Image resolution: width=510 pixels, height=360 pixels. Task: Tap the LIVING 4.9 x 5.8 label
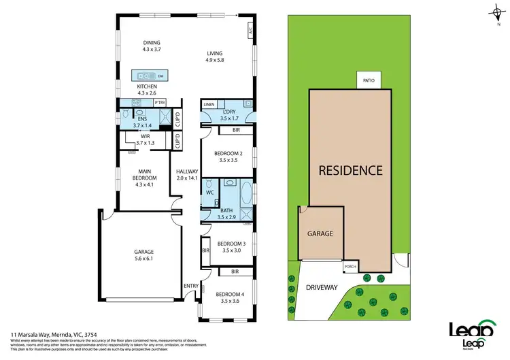tap(215, 56)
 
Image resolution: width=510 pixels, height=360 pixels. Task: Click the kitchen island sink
tap(143, 76)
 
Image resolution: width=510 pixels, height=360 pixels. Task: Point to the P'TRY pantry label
tap(160, 103)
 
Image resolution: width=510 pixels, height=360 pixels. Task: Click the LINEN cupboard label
tap(209, 104)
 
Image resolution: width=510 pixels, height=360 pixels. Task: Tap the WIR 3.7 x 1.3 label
tap(146, 140)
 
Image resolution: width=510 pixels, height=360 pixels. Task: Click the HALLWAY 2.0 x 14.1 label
tap(186, 174)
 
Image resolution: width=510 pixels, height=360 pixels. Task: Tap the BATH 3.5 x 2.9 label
tap(226, 213)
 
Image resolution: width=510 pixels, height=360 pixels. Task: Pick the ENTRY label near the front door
tap(190, 286)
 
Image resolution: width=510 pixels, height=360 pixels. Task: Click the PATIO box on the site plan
tap(369, 80)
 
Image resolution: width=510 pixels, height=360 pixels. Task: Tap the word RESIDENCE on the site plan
tap(351, 170)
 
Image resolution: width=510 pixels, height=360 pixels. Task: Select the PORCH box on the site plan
tap(350, 266)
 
